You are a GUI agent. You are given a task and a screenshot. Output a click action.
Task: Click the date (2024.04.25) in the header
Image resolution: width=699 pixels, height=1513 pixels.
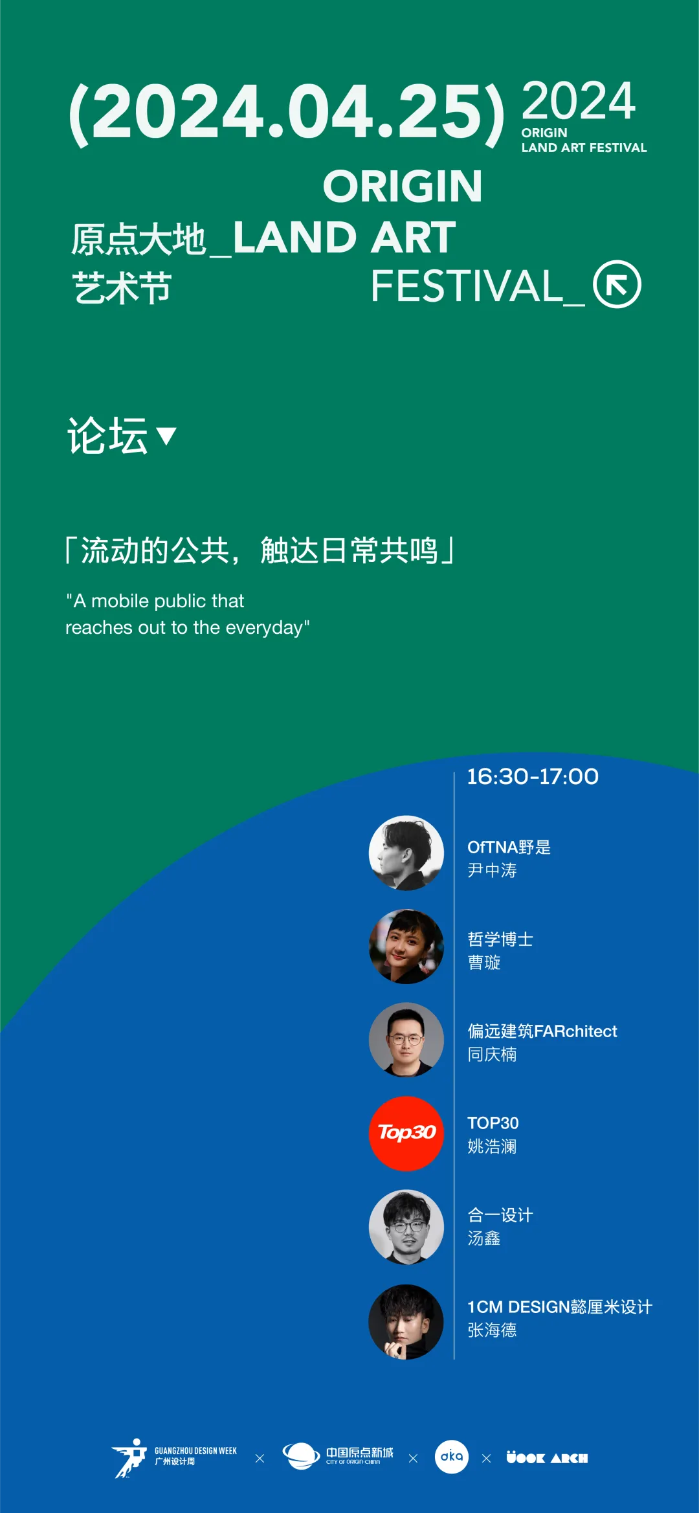pos(287,114)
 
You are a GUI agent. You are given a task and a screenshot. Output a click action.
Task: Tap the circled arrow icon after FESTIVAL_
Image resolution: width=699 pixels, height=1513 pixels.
pos(617,284)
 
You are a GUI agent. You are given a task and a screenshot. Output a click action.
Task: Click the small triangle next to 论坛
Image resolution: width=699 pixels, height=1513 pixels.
pos(166,436)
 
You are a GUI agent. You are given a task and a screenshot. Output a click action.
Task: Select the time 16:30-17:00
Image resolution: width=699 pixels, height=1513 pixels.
pos(533,776)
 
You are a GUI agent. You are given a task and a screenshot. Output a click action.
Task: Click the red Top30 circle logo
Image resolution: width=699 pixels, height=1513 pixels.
pos(406,1134)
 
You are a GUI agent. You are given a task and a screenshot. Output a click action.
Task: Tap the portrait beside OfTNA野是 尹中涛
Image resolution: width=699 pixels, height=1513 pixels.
pos(406,853)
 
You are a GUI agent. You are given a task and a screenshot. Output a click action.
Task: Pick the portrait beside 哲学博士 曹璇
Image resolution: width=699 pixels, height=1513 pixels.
pos(406,947)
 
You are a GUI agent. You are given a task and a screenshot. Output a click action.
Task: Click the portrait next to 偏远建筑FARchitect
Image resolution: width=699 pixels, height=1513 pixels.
pos(406,1040)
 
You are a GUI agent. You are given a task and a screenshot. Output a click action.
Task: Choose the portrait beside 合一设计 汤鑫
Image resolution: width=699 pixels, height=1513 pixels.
pos(406,1227)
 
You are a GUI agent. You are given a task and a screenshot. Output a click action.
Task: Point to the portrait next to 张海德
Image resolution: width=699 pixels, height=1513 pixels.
pos(406,1321)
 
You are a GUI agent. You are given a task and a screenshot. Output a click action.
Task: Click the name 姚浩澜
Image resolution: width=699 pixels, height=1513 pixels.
pos(492,1147)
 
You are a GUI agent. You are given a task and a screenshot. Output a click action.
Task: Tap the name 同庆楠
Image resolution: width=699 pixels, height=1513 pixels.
pos(492,1055)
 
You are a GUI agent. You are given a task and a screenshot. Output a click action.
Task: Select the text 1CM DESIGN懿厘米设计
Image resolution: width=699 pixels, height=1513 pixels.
pos(560,1307)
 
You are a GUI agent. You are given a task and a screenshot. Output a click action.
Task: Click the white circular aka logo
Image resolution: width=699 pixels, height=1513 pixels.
pos(452,1457)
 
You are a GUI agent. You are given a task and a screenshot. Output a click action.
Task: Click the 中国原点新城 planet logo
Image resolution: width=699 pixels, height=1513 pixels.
pos(338,1456)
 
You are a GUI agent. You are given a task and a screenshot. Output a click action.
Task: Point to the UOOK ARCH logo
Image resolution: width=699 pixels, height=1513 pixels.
pos(547,1458)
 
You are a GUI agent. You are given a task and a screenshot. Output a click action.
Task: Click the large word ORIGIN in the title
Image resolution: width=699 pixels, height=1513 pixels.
pos(403,186)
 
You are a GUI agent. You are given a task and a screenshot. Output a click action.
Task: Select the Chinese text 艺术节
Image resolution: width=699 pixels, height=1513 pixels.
pos(122,288)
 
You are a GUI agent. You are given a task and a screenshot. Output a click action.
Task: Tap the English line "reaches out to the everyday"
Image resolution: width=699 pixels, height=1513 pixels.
pos(188,627)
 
